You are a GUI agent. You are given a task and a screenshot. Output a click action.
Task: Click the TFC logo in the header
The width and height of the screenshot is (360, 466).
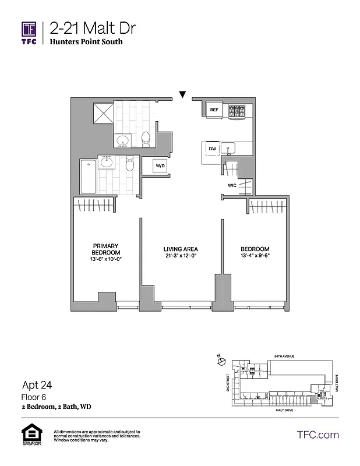(29, 34)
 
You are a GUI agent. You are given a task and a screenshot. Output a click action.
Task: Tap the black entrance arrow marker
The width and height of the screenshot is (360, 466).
(183, 94)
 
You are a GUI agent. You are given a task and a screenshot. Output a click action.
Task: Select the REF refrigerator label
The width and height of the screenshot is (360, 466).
(214, 110)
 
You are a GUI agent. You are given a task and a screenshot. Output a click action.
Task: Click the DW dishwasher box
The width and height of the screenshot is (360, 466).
(212, 149)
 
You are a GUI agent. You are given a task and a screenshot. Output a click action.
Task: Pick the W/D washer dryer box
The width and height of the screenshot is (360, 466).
(159, 167)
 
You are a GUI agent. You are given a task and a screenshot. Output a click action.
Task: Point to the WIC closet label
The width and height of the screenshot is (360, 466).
(232, 186)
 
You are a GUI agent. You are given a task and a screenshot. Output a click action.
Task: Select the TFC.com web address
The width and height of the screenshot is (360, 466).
(317, 435)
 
